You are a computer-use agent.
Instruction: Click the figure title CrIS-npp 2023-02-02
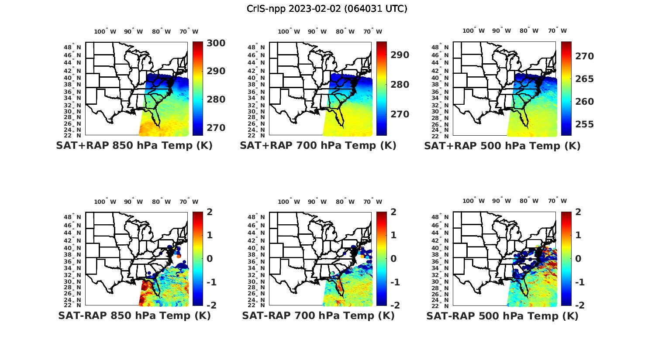[x=327, y=9]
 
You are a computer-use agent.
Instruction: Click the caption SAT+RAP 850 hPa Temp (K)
[x=134, y=146]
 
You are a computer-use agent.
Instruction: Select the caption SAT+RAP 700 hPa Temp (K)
[x=318, y=146]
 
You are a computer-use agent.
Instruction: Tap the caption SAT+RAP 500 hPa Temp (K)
[x=502, y=146]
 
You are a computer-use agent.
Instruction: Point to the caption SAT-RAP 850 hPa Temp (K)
[x=134, y=316]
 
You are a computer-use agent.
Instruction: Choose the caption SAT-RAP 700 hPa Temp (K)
[x=318, y=316]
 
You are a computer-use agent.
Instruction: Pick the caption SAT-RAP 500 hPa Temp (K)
[x=502, y=316]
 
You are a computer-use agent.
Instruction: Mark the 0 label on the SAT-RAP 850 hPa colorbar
[x=209, y=259]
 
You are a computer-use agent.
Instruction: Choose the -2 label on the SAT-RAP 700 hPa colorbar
[x=391, y=305]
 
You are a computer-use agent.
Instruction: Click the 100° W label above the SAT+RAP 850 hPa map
[x=105, y=31]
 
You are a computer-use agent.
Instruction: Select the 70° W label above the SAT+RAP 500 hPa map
[x=557, y=31]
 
